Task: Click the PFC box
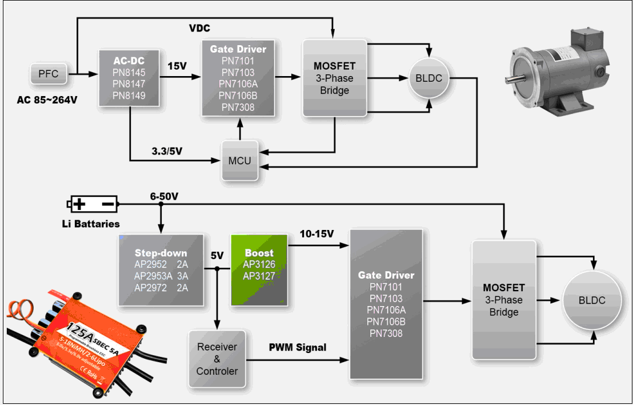coord(48,74)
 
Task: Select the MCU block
coord(239,160)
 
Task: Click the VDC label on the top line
coord(200,29)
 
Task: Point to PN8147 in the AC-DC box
coord(130,84)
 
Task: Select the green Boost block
coord(259,268)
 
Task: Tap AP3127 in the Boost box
coord(259,276)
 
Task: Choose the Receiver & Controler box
coord(217,359)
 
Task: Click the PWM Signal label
coord(298,347)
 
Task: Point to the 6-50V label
coord(165,196)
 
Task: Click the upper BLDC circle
coord(428,78)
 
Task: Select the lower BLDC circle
coord(591,300)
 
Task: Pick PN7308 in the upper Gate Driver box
coord(238,107)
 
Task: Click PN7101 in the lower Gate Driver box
coord(386,287)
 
